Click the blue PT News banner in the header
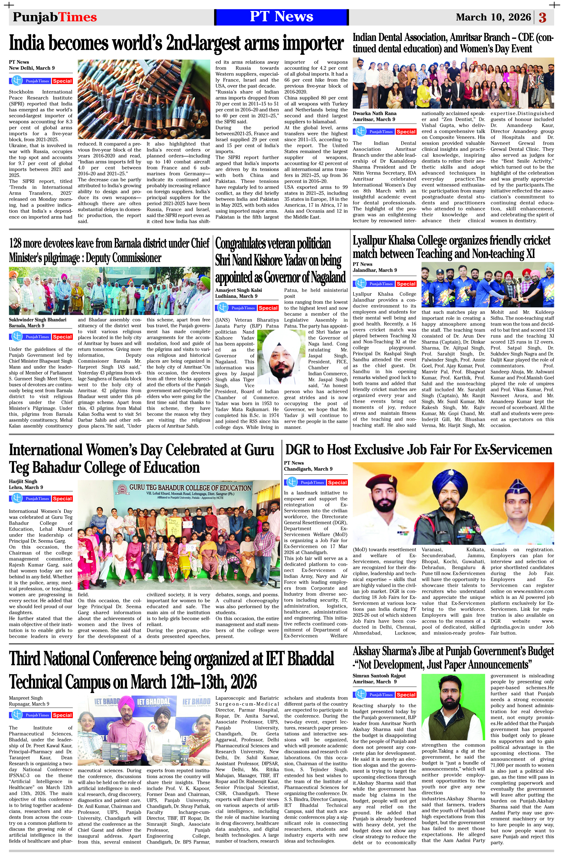point(281,17)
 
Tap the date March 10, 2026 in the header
point(493,17)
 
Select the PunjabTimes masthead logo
point(55,17)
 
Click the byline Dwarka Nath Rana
point(374,113)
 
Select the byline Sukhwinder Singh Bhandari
point(38,319)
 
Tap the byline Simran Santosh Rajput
point(379,676)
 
